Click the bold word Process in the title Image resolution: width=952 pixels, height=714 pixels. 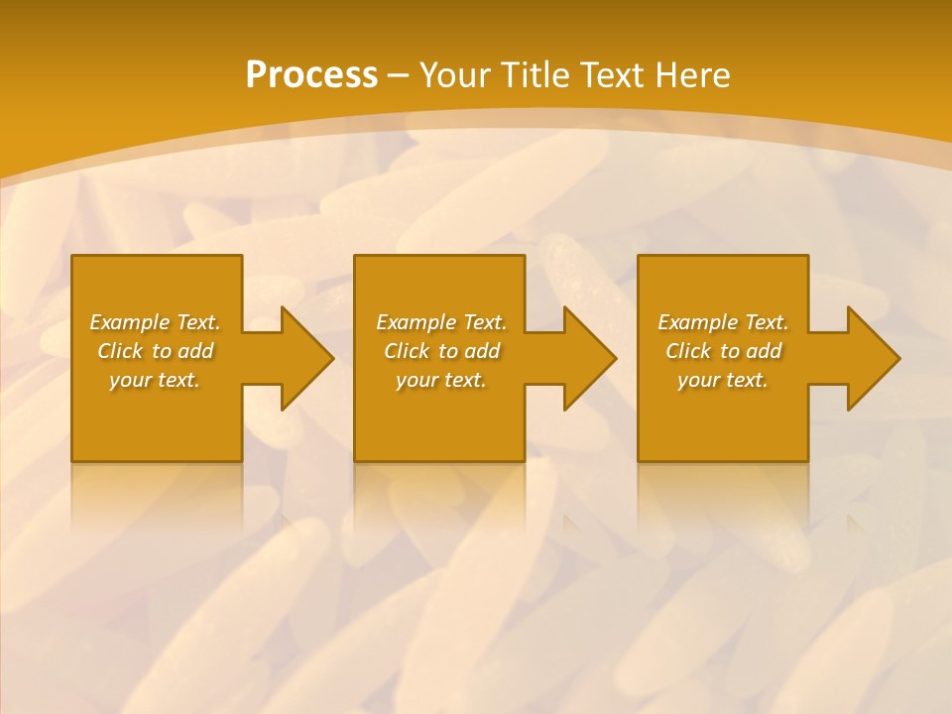(x=311, y=75)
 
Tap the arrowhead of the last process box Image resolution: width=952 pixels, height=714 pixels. (x=872, y=358)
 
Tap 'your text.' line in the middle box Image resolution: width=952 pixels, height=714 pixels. (x=440, y=380)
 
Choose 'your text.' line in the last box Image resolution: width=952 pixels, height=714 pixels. (x=723, y=380)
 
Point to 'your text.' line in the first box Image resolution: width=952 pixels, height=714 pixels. (x=155, y=380)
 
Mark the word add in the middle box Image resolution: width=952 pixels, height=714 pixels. (x=482, y=351)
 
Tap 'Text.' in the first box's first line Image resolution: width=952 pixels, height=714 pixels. (x=198, y=322)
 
